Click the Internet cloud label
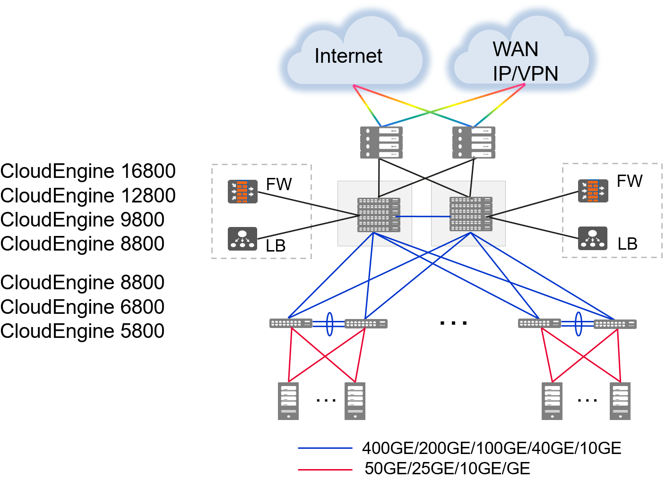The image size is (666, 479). pyautogui.click(x=348, y=56)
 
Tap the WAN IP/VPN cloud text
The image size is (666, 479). pyautogui.click(x=525, y=61)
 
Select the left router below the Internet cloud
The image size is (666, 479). pyautogui.click(x=381, y=143)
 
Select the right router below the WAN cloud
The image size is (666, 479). pyautogui.click(x=474, y=143)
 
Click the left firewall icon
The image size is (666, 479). pyautogui.click(x=242, y=192)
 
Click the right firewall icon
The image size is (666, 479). pyautogui.click(x=593, y=191)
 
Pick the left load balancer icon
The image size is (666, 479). pyautogui.click(x=242, y=238)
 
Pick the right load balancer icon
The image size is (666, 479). pyautogui.click(x=592, y=238)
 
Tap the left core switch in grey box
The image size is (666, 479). pyautogui.click(x=379, y=215)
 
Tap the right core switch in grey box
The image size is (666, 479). pyautogui.click(x=471, y=214)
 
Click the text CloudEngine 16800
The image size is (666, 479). pyautogui.click(x=88, y=171)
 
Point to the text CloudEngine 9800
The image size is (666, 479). pyautogui.click(x=82, y=220)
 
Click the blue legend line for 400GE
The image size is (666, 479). pyautogui.click(x=325, y=448)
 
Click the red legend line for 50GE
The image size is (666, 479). pyautogui.click(x=325, y=470)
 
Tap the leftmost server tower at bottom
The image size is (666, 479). pyautogui.click(x=288, y=401)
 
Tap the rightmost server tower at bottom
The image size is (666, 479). pyautogui.click(x=620, y=401)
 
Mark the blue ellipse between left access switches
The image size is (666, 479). pyautogui.click(x=329, y=324)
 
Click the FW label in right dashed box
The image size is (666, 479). pyautogui.click(x=630, y=181)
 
